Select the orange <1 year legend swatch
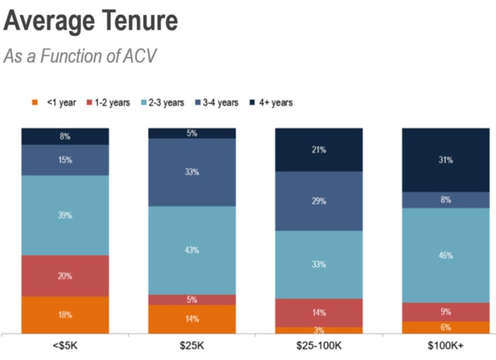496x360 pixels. click(x=35, y=103)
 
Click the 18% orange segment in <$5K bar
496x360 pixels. click(x=65, y=315)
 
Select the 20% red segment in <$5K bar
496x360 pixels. click(x=65, y=276)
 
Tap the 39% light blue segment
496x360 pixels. click(x=65, y=216)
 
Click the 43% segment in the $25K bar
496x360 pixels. click(x=192, y=250)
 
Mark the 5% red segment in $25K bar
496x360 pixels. click(x=192, y=299)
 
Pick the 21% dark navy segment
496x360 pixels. click(x=319, y=150)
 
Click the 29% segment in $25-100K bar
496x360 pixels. click(x=319, y=201)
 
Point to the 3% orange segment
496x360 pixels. click(x=319, y=330)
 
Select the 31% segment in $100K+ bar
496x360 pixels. click(x=446, y=160)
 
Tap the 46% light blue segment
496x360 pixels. click(x=446, y=255)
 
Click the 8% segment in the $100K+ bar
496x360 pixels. click(x=446, y=200)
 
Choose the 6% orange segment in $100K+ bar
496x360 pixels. click(x=446, y=327)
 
